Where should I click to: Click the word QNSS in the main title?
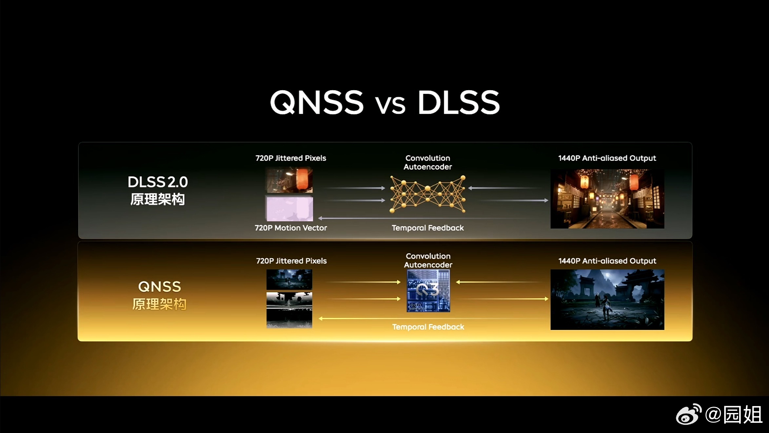(317, 102)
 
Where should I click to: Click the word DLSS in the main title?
(459, 102)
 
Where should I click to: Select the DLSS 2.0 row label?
(158, 190)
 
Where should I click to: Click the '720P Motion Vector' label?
(291, 228)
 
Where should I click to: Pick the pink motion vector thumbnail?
(289, 209)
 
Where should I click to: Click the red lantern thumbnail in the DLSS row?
(289, 180)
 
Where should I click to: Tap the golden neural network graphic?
(427, 194)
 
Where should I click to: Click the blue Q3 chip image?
(428, 291)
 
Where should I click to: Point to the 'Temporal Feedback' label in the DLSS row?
(428, 228)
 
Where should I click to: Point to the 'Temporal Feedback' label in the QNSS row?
(428, 327)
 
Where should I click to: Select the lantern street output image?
(607, 199)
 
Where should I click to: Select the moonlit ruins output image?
(607, 299)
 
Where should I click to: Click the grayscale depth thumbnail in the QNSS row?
(289, 310)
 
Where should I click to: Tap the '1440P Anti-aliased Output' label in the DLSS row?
(607, 158)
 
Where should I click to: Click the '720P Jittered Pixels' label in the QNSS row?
(291, 261)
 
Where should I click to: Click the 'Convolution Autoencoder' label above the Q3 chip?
(428, 260)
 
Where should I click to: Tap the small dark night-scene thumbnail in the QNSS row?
(289, 279)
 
